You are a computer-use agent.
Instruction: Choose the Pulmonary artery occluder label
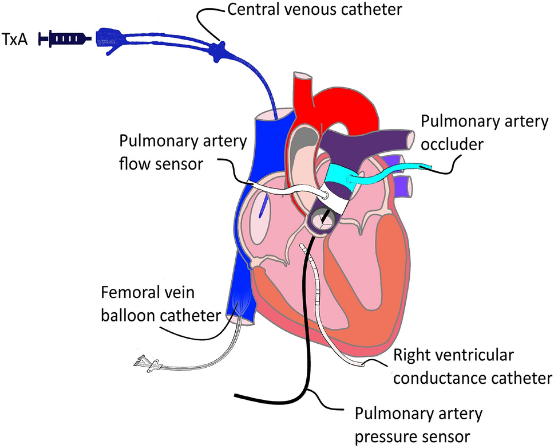pyautogui.click(x=484, y=131)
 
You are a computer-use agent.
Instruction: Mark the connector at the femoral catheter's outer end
pyautogui.click(x=143, y=362)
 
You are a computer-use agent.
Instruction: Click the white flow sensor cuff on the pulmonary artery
pyautogui.click(x=335, y=200)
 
